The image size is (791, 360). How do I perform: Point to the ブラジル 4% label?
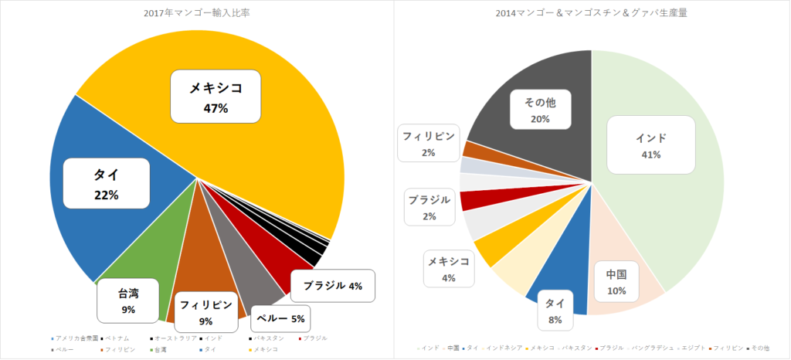333,286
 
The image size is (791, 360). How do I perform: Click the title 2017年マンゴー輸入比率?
197,13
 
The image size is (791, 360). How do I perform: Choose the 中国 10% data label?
615,283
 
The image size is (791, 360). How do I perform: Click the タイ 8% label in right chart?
554,311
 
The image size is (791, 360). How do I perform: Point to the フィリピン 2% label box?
429,144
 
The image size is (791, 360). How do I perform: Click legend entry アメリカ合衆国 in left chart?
78,338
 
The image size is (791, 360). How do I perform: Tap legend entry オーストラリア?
171,338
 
